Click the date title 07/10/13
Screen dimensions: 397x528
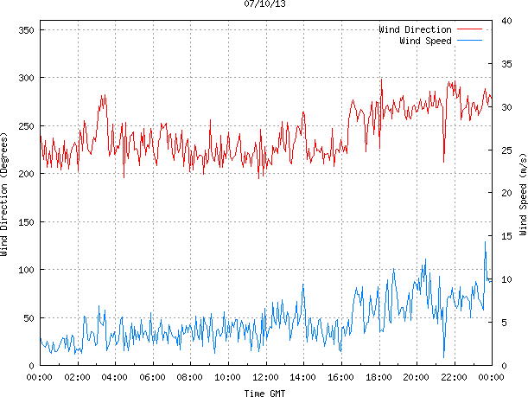[264, 4]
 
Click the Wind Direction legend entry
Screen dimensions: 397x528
[415, 30]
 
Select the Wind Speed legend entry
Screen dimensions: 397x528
[425, 41]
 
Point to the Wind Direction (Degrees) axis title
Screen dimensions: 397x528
[6, 198]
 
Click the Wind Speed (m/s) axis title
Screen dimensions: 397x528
[522, 198]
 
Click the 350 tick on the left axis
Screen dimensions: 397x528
[25, 30]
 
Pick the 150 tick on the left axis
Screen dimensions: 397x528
[25, 222]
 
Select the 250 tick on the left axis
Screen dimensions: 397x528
[25, 126]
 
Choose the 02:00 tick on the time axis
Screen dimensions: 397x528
[77, 377]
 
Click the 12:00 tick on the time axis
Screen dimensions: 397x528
[265, 377]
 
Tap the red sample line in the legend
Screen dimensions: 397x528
[473, 30]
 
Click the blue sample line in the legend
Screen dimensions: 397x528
[473, 41]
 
